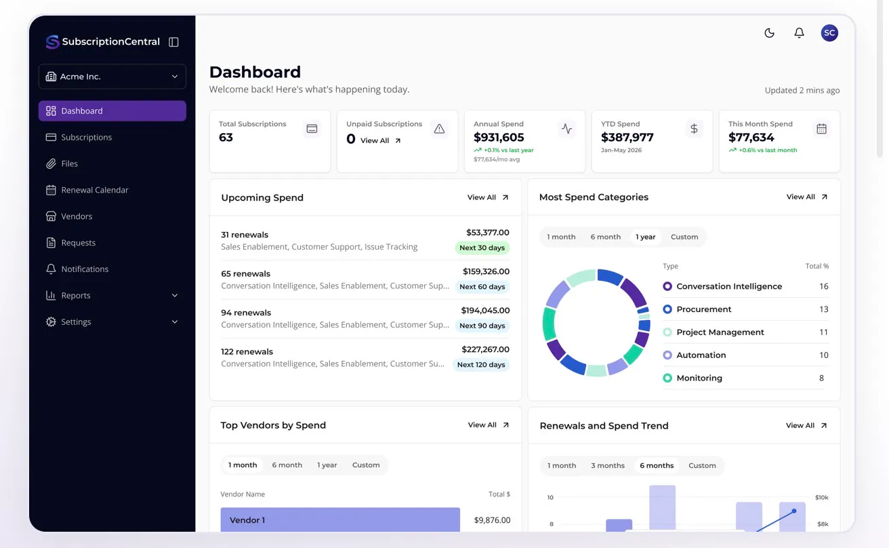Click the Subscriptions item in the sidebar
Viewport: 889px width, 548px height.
[86, 137]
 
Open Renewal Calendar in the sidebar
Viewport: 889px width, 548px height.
[94, 190]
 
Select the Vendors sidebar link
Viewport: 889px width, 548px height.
[77, 216]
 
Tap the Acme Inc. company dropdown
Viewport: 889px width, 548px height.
[112, 76]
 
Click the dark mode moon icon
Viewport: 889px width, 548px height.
[769, 33]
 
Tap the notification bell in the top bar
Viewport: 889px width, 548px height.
[799, 33]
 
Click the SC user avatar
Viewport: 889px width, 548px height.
[829, 33]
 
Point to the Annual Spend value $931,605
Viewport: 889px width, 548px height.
[499, 138]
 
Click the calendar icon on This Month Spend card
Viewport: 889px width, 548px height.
[821, 129]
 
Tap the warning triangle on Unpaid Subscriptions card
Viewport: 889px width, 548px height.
[439, 129]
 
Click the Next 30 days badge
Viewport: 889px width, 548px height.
[482, 248]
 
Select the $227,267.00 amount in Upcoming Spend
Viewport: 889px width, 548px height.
[485, 349]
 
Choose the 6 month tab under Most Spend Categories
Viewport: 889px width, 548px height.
[605, 237]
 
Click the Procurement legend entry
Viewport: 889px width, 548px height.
[703, 309]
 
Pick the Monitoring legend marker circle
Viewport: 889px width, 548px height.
[667, 378]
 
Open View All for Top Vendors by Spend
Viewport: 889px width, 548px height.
[488, 425]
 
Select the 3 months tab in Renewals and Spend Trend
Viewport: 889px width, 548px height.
[608, 465]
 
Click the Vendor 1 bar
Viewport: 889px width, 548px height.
[340, 520]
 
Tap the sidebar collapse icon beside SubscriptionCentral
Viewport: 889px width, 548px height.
[173, 41]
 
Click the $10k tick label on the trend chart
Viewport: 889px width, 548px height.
[821, 497]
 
